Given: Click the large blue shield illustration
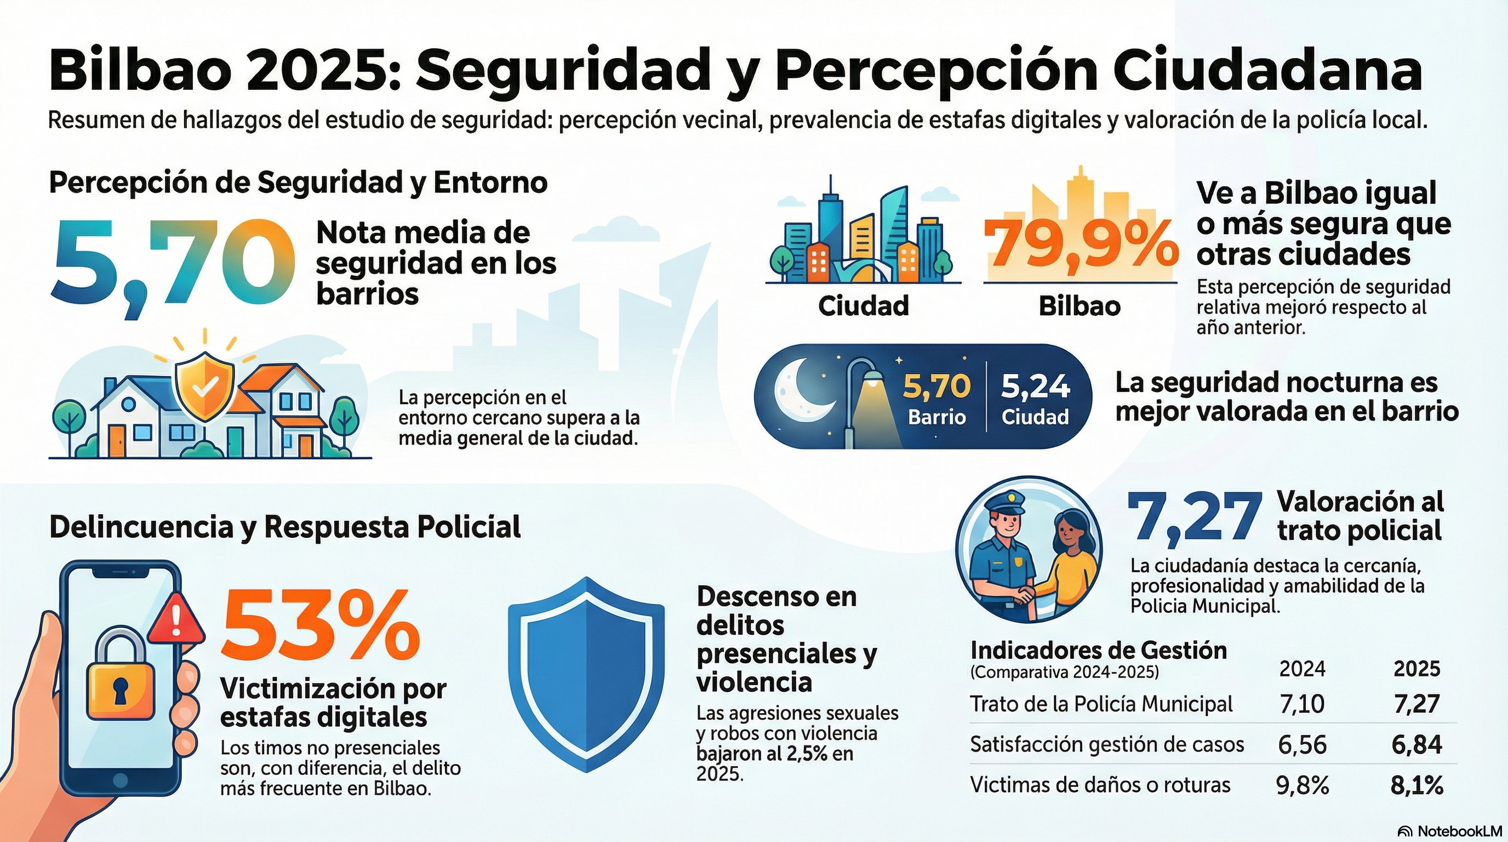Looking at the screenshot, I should [x=586, y=673].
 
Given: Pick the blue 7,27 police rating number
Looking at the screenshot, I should [x=1194, y=516].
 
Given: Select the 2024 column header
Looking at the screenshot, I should [x=1302, y=669].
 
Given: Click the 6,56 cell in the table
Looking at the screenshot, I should [x=1302, y=745].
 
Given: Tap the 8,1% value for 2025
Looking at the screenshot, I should [x=1416, y=786].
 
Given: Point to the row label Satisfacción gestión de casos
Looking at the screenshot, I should [x=1107, y=745].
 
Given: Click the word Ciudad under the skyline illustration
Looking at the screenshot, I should [x=864, y=306].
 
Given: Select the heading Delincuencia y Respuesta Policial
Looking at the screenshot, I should [x=285, y=527].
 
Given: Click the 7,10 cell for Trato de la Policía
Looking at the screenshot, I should [x=1302, y=704].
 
